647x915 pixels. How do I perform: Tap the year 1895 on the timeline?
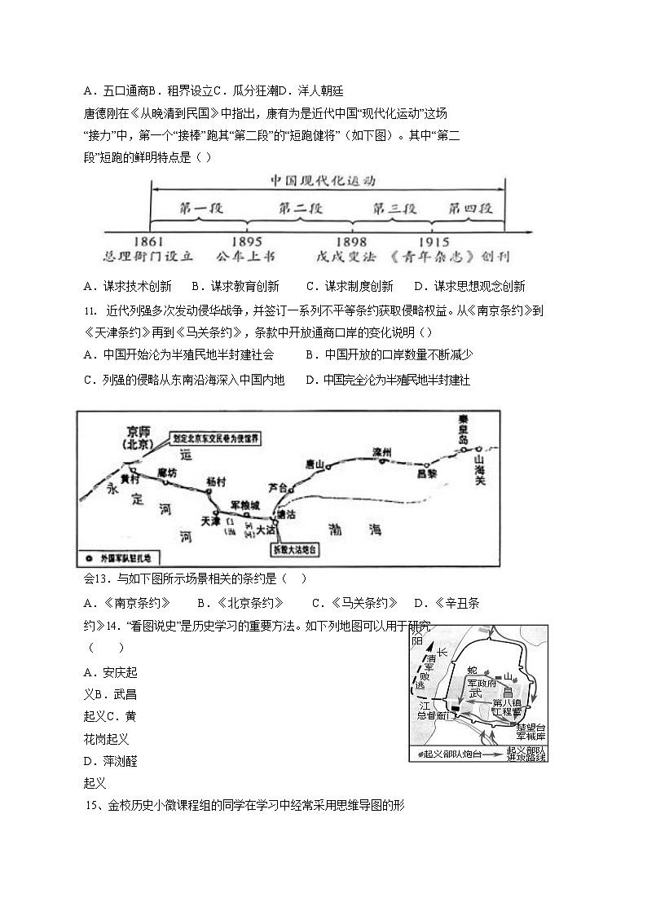tap(247, 241)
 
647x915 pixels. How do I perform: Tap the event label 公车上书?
tap(246, 257)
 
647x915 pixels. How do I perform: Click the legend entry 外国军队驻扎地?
tap(120, 559)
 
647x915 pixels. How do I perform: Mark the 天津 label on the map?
tap(210, 521)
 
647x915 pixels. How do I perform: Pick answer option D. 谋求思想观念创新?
tap(469, 286)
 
